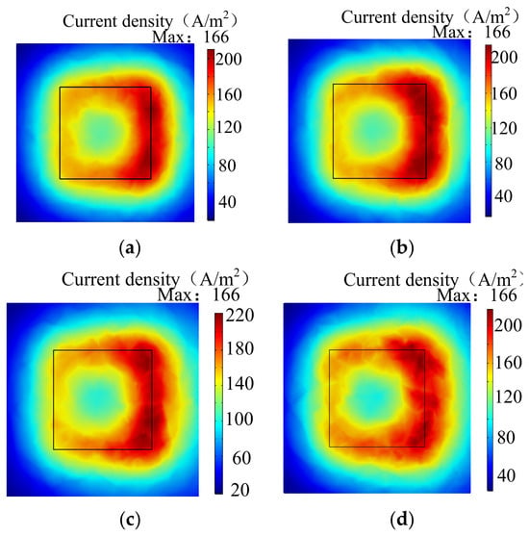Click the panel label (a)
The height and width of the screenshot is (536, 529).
click(x=130, y=248)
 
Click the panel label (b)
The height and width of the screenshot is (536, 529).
click(x=402, y=248)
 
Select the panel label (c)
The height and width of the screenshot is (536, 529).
click(x=130, y=520)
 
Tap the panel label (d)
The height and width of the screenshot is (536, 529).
click(x=402, y=520)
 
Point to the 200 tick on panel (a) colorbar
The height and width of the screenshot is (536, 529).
click(x=228, y=59)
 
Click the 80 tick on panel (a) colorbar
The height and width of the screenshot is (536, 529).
click(x=227, y=166)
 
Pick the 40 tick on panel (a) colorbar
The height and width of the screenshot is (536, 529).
click(x=227, y=202)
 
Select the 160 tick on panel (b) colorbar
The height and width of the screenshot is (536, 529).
click(x=504, y=93)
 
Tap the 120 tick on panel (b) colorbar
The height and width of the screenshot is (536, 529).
click(x=504, y=129)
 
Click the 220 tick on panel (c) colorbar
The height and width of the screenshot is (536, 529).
click(x=239, y=315)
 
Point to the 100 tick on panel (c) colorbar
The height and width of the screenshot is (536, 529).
click(x=239, y=419)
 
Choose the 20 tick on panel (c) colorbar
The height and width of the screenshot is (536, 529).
click(x=239, y=490)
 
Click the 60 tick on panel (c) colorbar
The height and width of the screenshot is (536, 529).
click(x=241, y=458)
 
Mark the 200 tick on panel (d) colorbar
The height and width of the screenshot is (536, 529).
click(x=508, y=325)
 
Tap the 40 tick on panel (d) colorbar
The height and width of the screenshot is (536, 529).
click(x=506, y=475)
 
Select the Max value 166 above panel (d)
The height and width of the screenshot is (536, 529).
click(x=503, y=295)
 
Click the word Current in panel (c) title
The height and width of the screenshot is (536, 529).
click(x=89, y=279)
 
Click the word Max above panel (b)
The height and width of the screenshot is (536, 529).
click(x=448, y=33)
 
